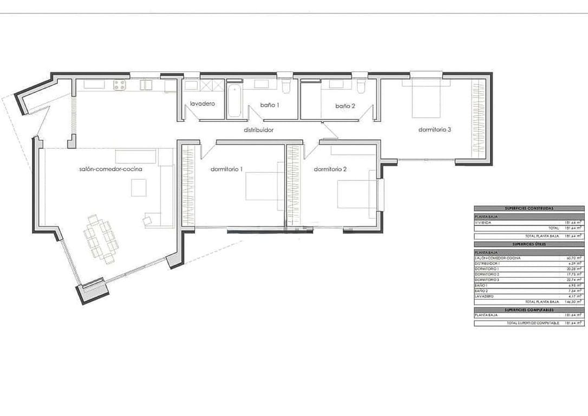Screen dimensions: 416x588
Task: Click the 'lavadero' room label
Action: point(203,103)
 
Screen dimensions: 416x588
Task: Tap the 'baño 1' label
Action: point(270,105)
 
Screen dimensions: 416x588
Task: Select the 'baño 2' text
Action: point(345,106)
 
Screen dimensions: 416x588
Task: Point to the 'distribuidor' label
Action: point(258,130)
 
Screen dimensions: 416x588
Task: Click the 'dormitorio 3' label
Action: point(435,129)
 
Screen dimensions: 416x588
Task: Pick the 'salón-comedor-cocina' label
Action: point(110,169)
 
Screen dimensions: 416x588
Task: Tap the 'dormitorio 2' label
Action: point(330,169)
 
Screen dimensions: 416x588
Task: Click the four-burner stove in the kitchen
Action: point(120,84)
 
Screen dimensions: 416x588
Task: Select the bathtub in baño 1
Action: point(234,100)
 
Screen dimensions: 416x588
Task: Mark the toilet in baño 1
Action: point(286,86)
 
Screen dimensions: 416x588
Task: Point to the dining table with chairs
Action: point(101,239)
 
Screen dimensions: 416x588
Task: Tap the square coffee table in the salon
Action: point(138,187)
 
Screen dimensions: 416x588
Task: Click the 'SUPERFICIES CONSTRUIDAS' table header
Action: point(529,208)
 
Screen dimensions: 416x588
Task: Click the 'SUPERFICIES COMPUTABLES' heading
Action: point(529,310)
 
